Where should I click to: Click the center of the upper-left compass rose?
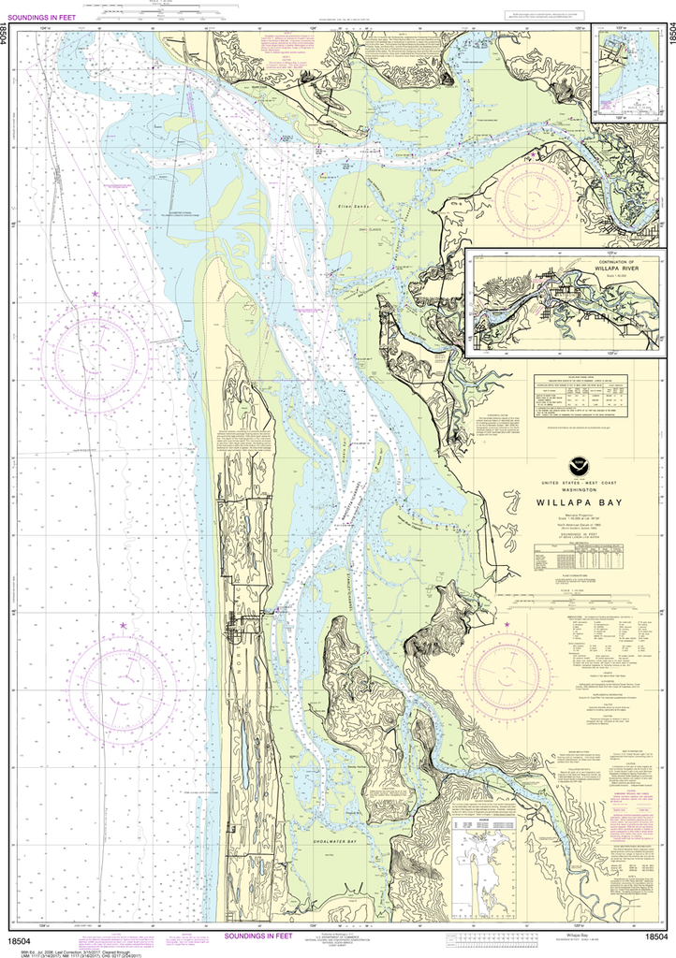pos(96,354)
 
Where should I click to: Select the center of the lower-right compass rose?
pos(507,671)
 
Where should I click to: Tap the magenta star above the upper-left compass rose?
pos(95,296)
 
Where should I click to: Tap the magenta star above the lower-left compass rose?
pos(123,625)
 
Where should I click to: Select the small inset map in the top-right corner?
pos(628,73)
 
